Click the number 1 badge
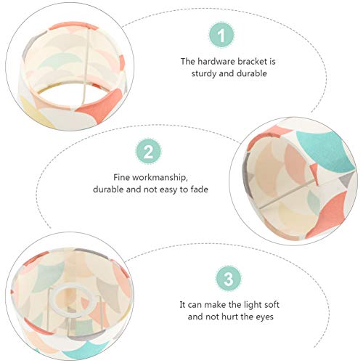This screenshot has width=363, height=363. point(221,35)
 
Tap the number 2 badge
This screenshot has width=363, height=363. point(148,151)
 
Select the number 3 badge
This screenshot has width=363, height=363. point(229,279)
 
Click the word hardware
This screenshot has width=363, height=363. point(216,62)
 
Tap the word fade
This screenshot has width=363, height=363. point(199,189)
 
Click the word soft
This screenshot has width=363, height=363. point(270,304)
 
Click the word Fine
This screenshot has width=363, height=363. point(122,177)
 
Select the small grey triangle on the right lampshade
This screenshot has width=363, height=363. point(345,180)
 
